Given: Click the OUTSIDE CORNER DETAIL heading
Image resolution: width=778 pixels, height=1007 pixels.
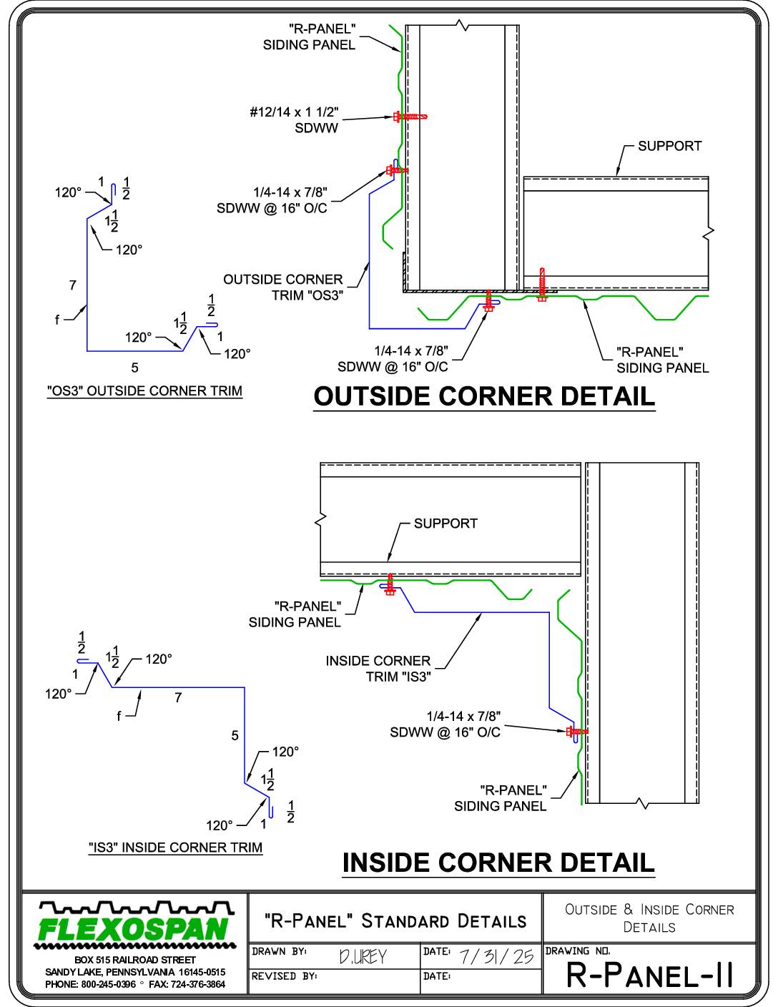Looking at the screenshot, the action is tap(484, 397).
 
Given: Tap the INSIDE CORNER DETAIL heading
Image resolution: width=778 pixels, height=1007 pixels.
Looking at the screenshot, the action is tap(498, 863).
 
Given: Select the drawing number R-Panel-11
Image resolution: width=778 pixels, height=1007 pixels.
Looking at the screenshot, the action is tap(650, 975).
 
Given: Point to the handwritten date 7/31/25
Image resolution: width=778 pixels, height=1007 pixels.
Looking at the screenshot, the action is tap(496, 956).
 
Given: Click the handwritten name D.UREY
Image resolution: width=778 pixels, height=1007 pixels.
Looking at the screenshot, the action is tap(363, 956).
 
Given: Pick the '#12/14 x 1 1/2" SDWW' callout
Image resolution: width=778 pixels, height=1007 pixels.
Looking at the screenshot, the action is tap(294, 120).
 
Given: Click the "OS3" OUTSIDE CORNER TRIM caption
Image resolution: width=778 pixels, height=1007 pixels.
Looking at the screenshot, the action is tap(144, 390).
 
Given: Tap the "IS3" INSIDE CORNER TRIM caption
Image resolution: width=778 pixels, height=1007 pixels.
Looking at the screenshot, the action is tap(176, 847).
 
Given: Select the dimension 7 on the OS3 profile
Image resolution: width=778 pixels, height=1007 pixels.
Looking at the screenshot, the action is tap(73, 285).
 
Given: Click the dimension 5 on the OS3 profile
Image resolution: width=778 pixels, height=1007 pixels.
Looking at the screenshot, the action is tap(134, 368).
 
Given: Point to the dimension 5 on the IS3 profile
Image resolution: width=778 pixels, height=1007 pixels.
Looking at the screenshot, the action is tap(235, 735).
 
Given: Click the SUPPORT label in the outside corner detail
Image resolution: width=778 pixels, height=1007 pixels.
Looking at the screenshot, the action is tap(669, 146).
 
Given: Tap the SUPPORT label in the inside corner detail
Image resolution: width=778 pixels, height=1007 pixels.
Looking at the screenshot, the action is tap(445, 524).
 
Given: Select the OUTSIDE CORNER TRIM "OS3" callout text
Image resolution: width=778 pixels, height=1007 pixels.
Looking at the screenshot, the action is tap(283, 288).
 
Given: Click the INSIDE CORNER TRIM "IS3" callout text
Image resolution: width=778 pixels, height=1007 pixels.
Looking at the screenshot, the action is tap(378, 669).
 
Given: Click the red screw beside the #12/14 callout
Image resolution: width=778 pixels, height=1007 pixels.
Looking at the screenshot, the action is tap(410, 117).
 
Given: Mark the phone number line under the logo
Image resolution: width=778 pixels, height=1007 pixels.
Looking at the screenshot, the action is tap(135, 984).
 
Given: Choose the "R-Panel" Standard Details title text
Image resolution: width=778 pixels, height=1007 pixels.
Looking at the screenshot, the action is tap(395, 920).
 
